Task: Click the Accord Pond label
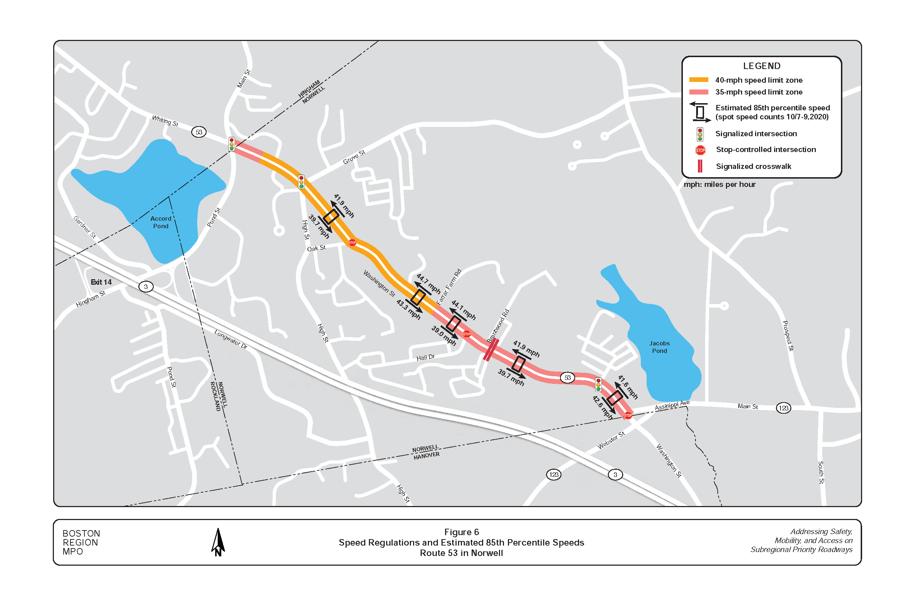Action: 161,222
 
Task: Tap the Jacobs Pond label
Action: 659,347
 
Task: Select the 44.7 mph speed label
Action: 428,284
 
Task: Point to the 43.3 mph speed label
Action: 408,309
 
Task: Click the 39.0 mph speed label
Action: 444,335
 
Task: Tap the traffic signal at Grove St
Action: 301,182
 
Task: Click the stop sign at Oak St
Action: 352,243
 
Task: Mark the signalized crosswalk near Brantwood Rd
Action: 491,350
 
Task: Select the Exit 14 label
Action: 101,282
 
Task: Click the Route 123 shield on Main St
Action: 783,408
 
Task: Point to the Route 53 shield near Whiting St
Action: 199,132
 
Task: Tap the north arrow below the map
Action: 218,542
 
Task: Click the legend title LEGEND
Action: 761,66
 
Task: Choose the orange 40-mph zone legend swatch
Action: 698,80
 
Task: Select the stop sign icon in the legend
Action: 700,150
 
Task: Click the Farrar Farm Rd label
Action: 448,287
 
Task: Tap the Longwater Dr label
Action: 231,339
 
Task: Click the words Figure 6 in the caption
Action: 461,532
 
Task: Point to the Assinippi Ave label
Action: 672,405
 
